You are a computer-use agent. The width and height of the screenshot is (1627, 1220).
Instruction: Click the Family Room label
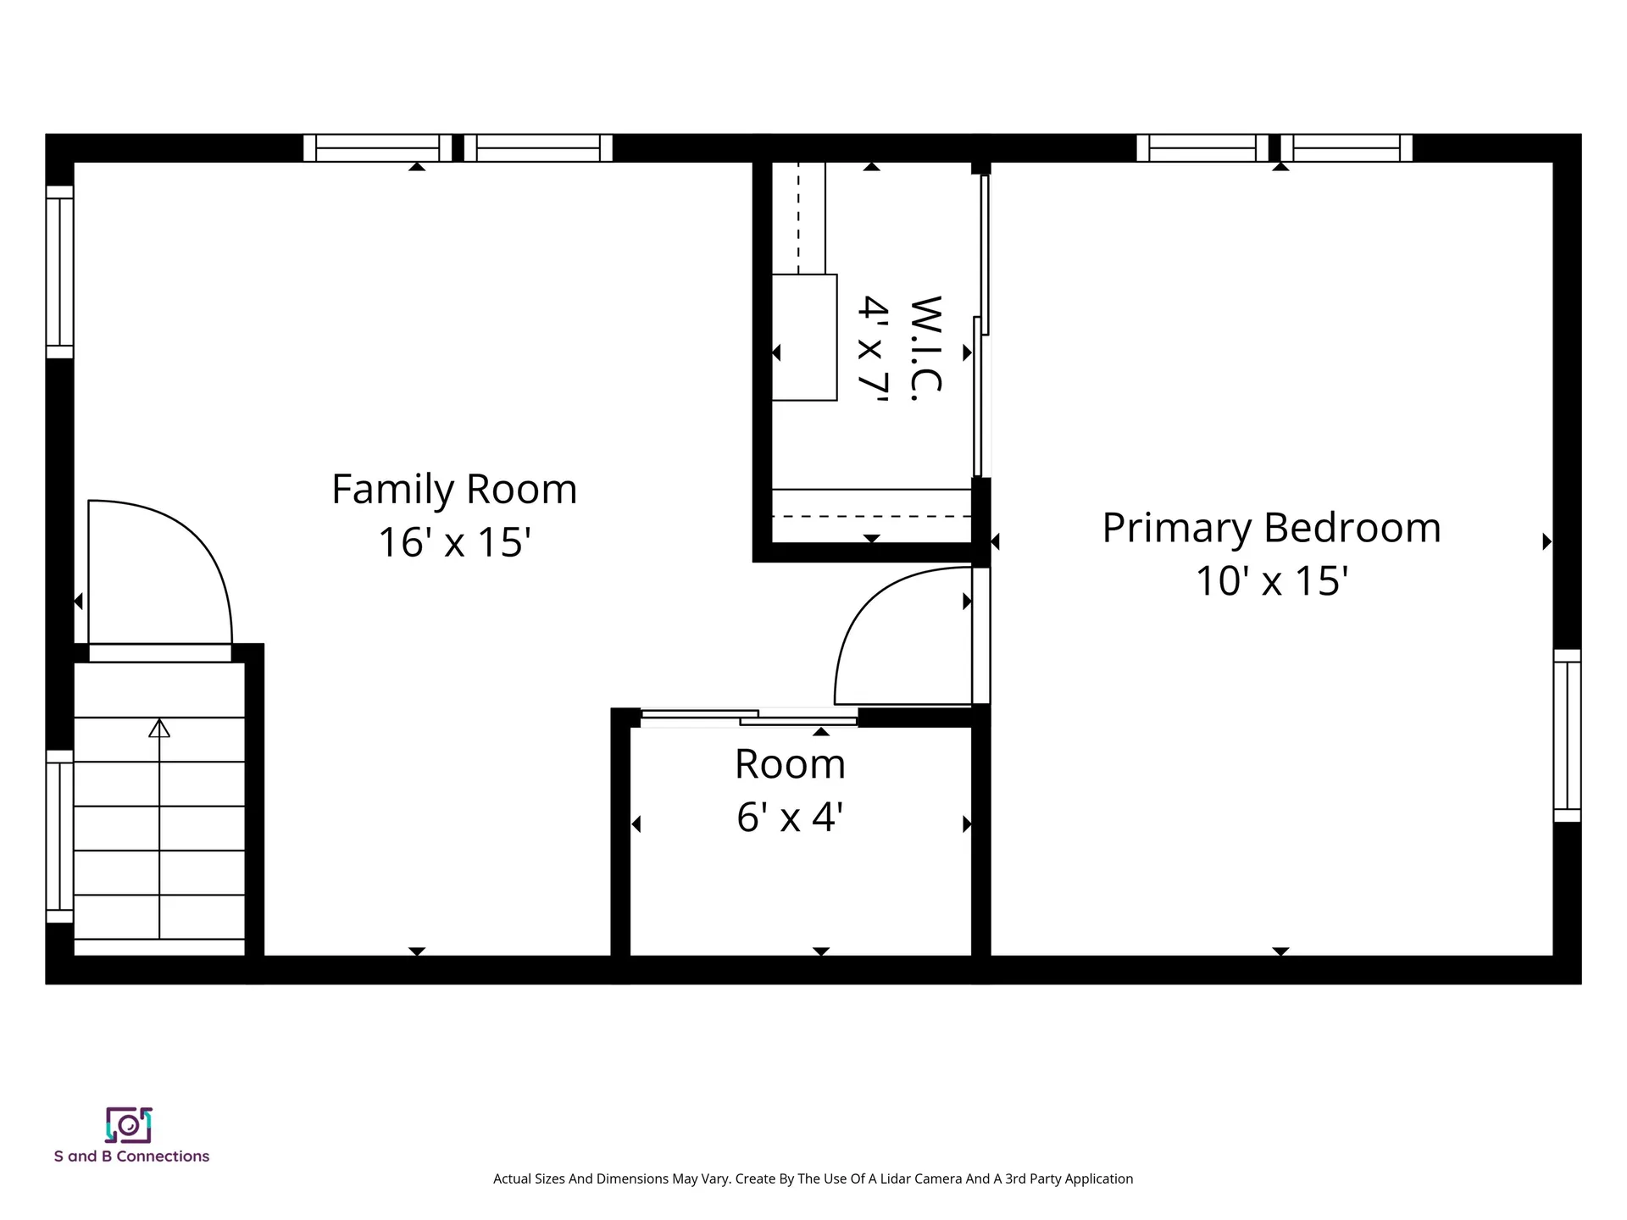454,490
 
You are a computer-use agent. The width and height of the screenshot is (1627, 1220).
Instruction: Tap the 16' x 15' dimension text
454,542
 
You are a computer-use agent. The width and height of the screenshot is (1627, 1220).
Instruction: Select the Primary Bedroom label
1271,528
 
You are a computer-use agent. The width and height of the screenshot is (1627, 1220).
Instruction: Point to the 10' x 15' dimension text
1271,581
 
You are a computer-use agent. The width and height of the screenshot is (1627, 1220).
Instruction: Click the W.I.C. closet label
925,349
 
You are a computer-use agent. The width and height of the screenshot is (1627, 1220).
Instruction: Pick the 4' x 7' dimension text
872,349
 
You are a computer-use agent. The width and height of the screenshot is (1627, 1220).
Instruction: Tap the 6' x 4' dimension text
790,818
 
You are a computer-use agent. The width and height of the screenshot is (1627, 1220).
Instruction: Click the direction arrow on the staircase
159,729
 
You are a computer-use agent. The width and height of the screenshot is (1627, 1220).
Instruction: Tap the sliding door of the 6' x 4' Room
750,718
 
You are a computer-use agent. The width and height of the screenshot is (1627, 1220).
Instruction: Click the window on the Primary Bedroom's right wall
1567,735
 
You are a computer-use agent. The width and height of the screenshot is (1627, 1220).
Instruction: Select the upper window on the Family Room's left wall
59,272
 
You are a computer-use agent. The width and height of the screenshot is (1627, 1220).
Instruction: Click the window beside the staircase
59,836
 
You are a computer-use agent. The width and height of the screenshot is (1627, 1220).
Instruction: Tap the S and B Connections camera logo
129,1125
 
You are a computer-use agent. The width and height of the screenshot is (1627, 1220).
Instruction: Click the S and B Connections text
131,1156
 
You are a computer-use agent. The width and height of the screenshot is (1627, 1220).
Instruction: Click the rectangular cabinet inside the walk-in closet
804,337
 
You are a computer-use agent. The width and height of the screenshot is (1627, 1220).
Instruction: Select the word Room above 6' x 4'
790,765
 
